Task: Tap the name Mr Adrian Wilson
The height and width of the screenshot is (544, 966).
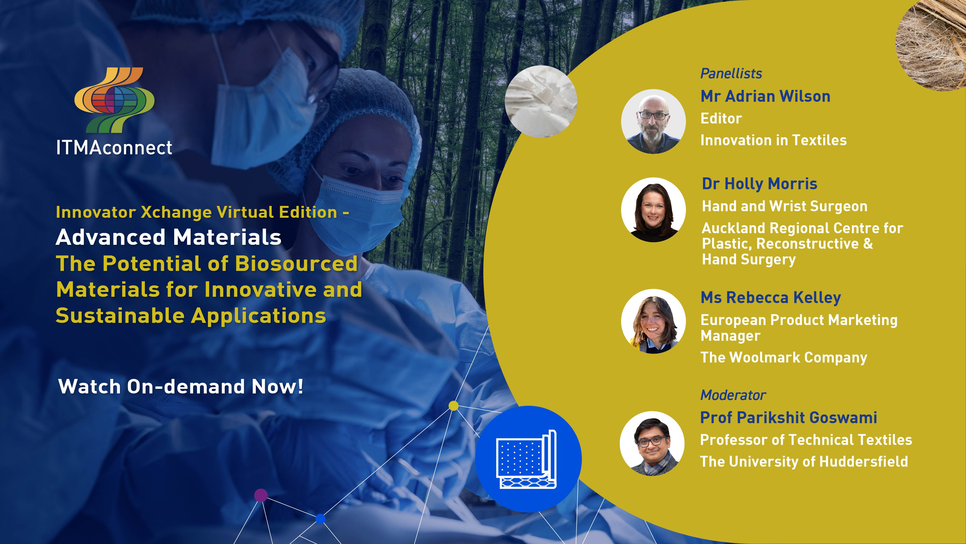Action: [x=765, y=96]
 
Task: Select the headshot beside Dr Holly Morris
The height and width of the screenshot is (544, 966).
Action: [x=653, y=210]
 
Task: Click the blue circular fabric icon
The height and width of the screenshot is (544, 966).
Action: [x=528, y=459]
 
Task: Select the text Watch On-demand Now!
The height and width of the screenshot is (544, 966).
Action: [x=181, y=386]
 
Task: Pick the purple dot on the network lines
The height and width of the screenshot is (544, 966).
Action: [x=261, y=495]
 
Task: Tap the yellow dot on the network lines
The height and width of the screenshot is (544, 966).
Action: [x=454, y=406]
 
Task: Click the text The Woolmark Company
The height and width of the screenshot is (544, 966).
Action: [x=784, y=357]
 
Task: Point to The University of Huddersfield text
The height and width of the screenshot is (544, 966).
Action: [x=804, y=461]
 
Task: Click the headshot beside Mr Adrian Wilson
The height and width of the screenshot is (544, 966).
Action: [x=653, y=121]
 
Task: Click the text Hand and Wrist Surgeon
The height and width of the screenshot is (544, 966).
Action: [x=784, y=206]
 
